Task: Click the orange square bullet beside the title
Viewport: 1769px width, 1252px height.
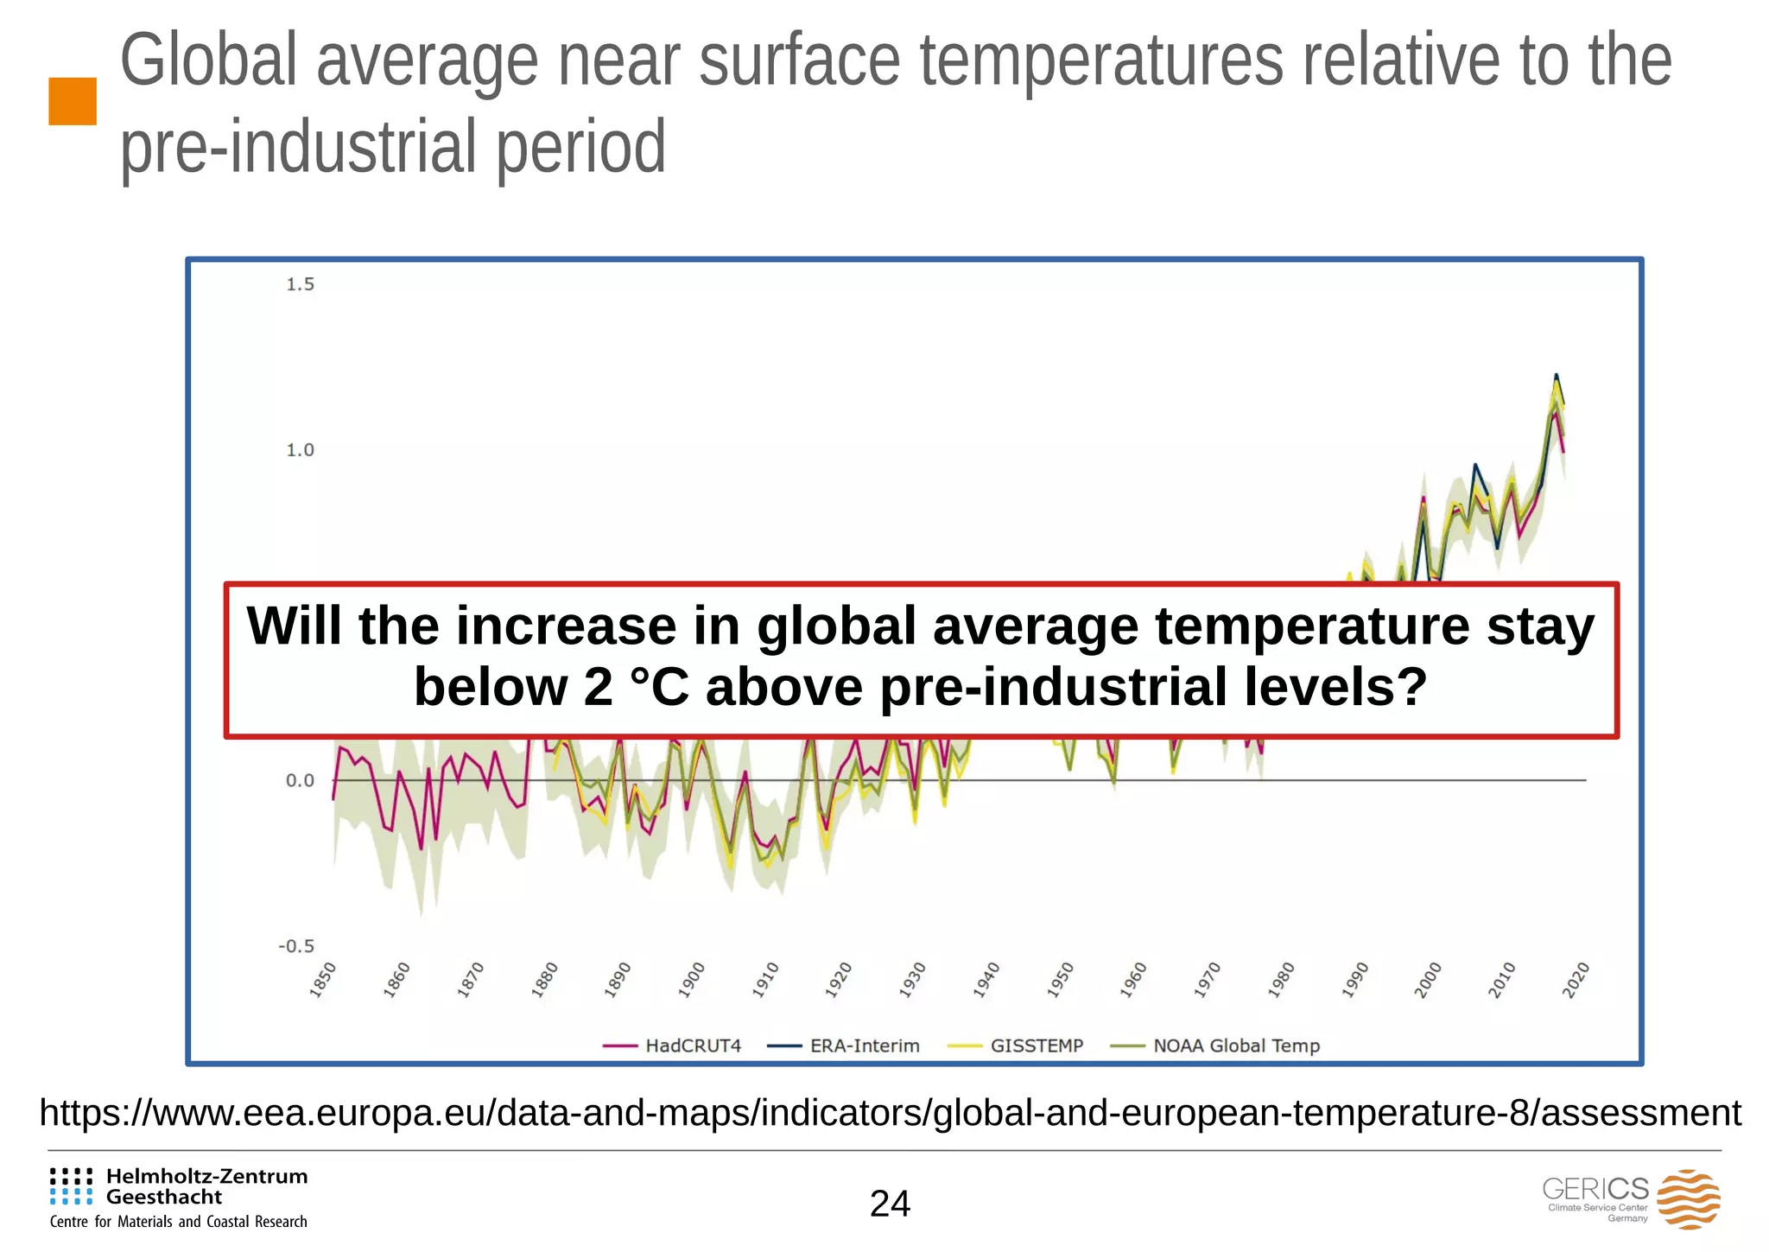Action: coord(73,101)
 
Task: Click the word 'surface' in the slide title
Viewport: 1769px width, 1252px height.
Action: coord(799,60)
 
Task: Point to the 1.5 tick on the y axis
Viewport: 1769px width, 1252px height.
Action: coord(300,284)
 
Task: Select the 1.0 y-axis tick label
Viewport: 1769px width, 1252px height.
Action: coord(300,450)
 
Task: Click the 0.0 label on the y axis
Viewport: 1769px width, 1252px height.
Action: coord(300,781)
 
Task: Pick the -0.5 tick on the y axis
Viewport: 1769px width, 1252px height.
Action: coord(296,946)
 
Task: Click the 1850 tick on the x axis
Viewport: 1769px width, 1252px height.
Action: coord(324,980)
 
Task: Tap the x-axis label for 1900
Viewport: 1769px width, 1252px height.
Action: coord(693,980)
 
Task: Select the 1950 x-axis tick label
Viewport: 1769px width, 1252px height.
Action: coord(1062,980)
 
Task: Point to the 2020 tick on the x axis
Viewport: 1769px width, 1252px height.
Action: coord(1577,980)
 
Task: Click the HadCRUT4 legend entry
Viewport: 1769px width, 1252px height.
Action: coord(673,1045)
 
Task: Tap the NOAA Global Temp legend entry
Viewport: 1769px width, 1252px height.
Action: coord(1217,1045)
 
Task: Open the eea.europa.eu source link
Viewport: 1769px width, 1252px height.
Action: coord(890,1113)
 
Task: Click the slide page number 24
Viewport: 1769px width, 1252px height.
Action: coord(890,1204)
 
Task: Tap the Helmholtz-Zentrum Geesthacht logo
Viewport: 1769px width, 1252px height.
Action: coord(179,1197)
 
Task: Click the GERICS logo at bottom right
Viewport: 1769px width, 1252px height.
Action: coord(1631,1198)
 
